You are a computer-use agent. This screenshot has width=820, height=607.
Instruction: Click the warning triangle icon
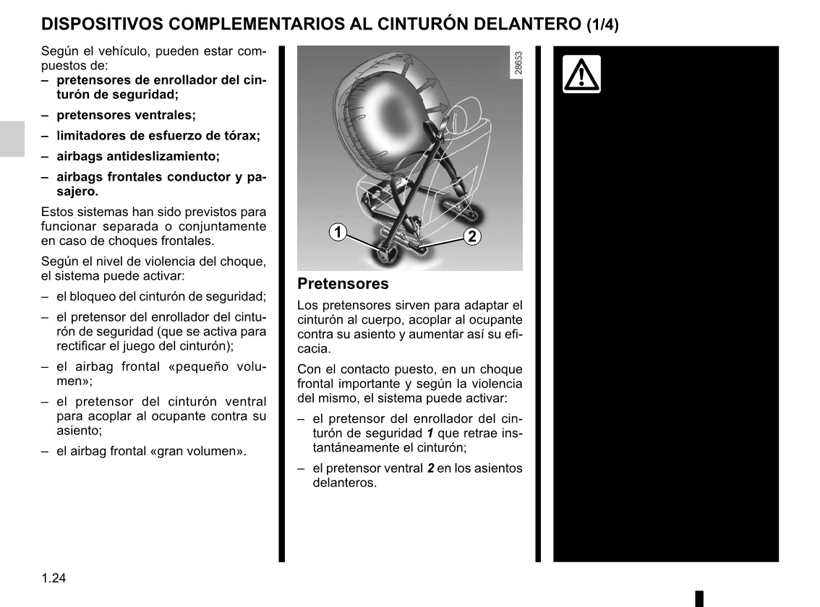click(x=581, y=74)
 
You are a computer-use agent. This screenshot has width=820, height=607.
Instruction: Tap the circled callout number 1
click(x=337, y=233)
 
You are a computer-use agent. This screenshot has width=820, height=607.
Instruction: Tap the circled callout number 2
click(x=471, y=236)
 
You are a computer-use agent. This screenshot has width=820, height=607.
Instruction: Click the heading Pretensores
click(x=343, y=284)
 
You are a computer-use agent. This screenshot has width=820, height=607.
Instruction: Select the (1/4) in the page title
click(x=602, y=25)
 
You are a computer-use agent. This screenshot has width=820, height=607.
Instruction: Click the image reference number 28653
click(x=518, y=63)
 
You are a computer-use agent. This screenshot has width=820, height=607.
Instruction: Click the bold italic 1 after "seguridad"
click(x=432, y=433)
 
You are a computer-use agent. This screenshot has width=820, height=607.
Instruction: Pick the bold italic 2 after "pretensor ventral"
click(x=430, y=468)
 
